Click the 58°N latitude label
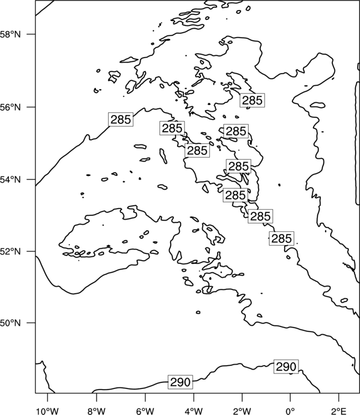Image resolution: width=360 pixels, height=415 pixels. point(10,34)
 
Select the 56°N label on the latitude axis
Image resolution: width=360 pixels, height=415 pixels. point(10,107)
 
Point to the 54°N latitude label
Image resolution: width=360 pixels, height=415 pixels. point(10,179)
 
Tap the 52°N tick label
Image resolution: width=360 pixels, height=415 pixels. point(10,251)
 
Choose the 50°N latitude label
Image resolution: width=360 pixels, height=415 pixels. point(10,323)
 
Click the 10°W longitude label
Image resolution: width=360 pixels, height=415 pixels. point(48,411)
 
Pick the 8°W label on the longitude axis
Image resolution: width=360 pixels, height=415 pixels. point(96,411)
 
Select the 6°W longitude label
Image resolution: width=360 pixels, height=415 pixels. point(145,411)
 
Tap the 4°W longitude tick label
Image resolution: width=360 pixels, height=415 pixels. point(193,411)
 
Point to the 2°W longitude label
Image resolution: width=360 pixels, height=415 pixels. point(242,411)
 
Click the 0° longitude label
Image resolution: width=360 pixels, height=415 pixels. point(290,411)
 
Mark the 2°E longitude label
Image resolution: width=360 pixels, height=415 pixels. point(339,411)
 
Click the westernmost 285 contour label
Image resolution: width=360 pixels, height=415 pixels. point(121,120)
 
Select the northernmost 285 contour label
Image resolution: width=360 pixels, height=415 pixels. point(252,100)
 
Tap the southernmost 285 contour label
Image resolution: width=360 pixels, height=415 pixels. point(281,238)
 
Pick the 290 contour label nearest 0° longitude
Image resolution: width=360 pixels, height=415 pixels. point(286,367)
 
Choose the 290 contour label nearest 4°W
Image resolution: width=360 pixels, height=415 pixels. point(180,382)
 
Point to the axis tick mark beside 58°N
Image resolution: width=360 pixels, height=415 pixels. point(31,34)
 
